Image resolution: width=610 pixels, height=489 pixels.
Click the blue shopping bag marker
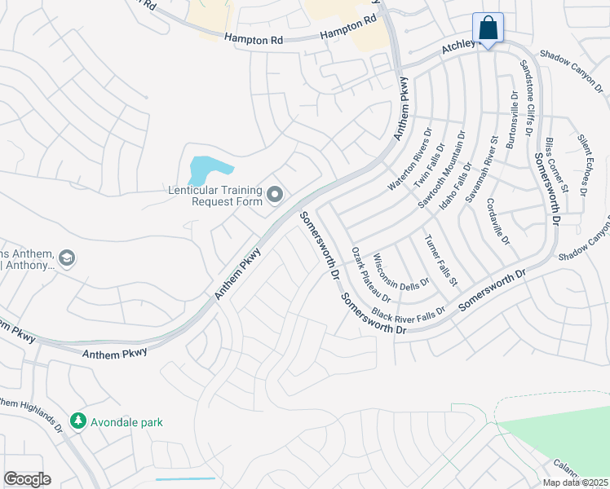click(488, 29)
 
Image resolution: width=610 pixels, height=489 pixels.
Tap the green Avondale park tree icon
click(78, 422)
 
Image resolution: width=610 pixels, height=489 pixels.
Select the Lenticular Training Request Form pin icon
click(275, 195)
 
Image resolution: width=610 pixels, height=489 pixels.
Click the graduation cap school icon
click(67, 258)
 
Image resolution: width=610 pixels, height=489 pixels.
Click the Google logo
click(27, 479)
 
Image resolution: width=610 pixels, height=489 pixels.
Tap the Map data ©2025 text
click(576, 482)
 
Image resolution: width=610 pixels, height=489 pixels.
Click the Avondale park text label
click(127, 422)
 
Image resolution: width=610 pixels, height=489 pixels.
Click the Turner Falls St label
click(440, 260)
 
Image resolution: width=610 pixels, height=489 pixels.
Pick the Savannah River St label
click(481, 174)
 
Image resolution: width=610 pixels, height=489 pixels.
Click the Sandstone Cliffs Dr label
click(527, 98)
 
